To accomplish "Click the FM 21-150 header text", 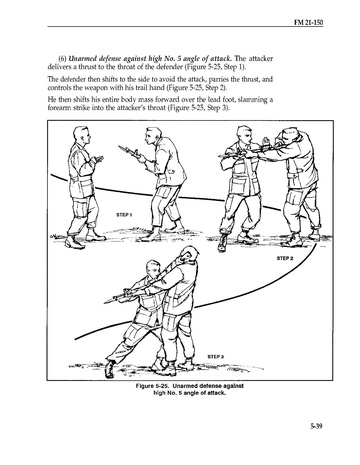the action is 308,22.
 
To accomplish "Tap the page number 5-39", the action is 316,426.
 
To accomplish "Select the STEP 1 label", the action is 124,215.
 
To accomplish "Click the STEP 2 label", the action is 285,258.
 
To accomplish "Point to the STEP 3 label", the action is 215,357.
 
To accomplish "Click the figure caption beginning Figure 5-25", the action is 189,389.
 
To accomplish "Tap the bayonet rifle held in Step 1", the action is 132,152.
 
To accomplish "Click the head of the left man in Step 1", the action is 82,135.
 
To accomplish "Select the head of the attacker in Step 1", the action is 153,136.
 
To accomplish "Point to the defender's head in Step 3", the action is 153,270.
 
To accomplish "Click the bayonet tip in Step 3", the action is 105,302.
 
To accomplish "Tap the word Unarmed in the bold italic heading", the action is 80,59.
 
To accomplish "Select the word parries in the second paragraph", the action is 217,80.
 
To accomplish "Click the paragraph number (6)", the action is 62,59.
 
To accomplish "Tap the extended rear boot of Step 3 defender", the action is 109,369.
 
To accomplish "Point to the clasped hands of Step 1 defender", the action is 98,159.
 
